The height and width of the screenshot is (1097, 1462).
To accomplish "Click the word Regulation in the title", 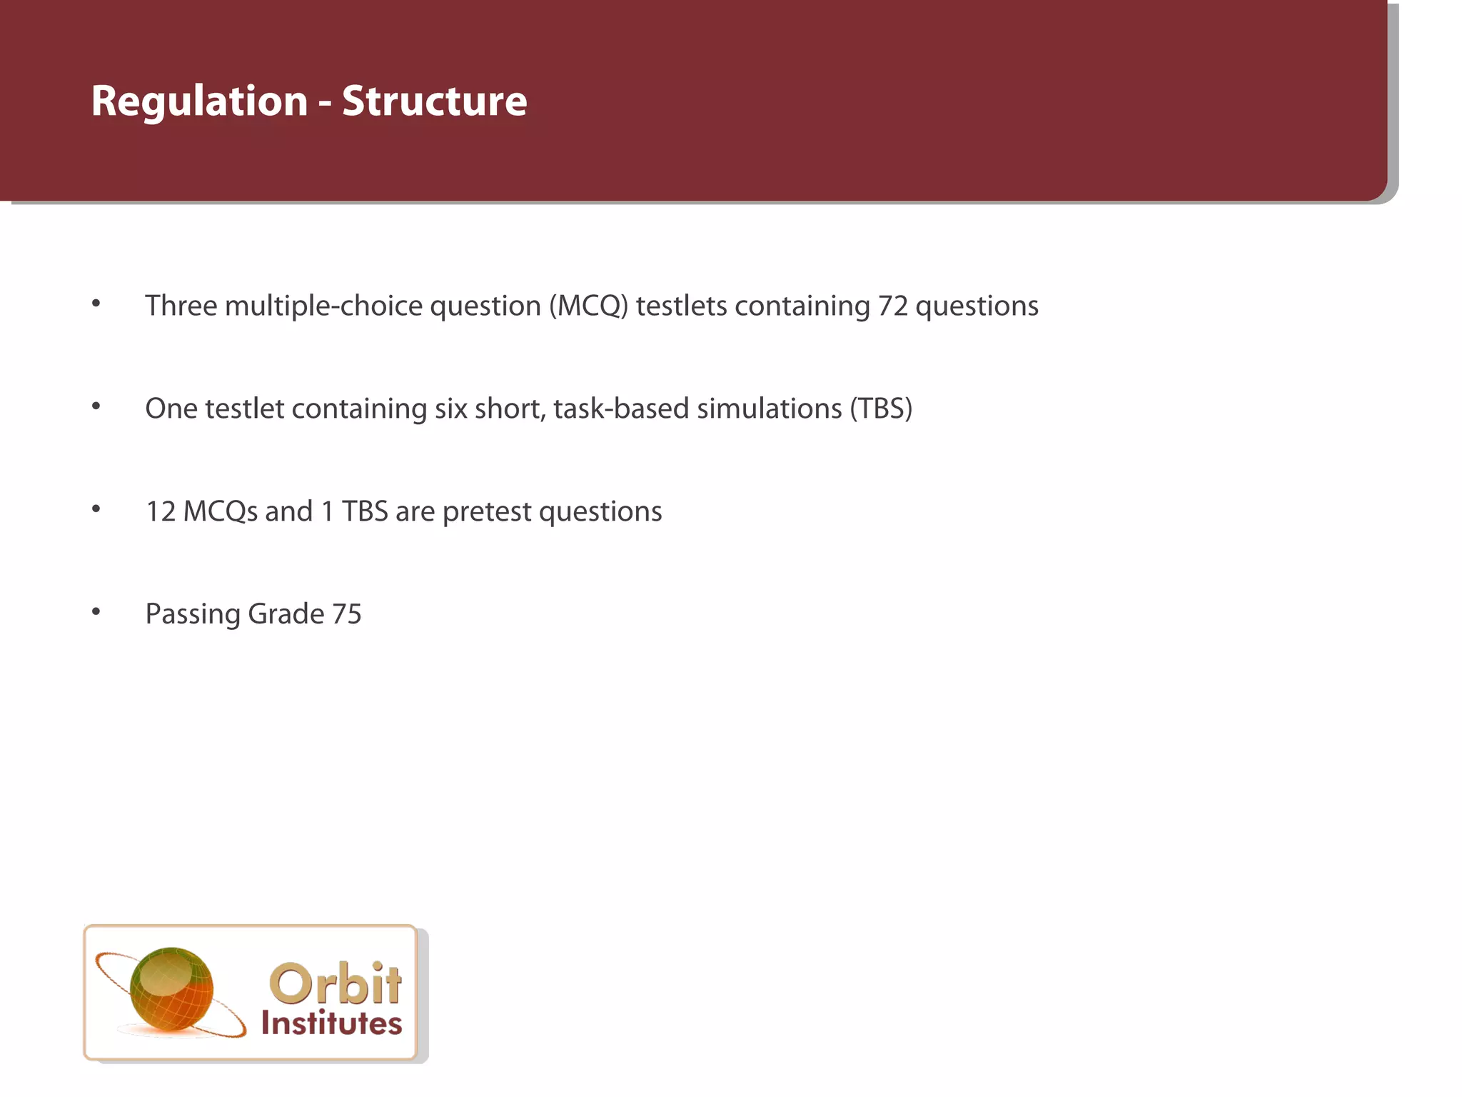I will [x=199, y=101].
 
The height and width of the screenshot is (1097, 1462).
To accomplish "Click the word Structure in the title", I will [x=434, y=101].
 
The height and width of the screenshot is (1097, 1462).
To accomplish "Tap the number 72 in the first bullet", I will [x=893, y=306].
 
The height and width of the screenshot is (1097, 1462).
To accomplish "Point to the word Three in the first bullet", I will [x=181, y=306].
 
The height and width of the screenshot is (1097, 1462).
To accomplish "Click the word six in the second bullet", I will [x=450, y=409].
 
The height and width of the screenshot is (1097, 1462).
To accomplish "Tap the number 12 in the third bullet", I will [x=161, y=511].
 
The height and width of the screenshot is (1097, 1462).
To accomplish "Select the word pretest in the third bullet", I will [x=487, y=511].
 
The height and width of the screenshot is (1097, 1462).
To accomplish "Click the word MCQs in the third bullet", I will [x=221, y=511].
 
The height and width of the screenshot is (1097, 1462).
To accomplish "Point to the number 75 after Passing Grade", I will [x=347, y=614].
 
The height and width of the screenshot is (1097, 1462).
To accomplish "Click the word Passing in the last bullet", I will [x=192, y=614].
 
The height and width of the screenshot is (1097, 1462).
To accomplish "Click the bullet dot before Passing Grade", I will [x=96, y=611].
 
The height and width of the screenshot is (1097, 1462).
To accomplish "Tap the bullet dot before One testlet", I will [x=96, y=406].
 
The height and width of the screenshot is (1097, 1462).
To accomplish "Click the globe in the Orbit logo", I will [x=171, y=989].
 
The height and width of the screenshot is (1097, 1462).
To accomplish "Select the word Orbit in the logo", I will [x=335, y=984].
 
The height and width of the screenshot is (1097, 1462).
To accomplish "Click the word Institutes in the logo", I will [x=331, y=1023].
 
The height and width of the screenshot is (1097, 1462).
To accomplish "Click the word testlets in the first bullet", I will [x=681, y=306].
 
